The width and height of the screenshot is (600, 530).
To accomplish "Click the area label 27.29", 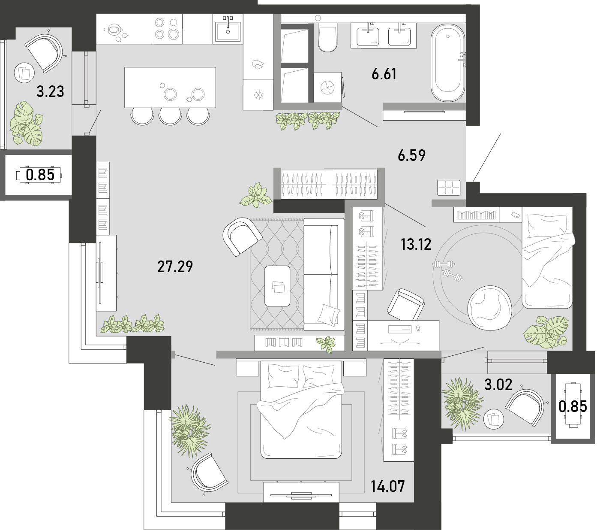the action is pyautogui.click(x=175, y=267).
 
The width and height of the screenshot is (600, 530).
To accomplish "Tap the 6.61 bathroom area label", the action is pyautogui.click(x=384, y=74).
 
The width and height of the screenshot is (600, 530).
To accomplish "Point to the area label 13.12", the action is pyautogui.click(x=416, y=244).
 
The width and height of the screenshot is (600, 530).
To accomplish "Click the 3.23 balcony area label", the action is pyautogui.click(x=50, y=91).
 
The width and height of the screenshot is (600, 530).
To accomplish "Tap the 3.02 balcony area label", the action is pyautogui.click(x=498, y=385).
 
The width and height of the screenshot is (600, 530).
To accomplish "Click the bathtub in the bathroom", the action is pyautogui.click(x=448, y=63).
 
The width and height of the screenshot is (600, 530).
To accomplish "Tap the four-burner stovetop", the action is pyautogui.click(x=167, y=29).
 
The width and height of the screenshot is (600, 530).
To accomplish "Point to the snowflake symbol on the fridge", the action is pyautogui.click(x=258, y=95).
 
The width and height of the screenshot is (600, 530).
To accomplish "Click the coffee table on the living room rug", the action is pyautogui.click(x=277, y=286).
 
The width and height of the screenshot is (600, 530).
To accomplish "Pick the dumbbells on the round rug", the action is pyautogui.click(x=448, y=270).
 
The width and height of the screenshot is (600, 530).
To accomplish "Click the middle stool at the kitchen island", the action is pyautogui.click(x=170, y=116).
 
